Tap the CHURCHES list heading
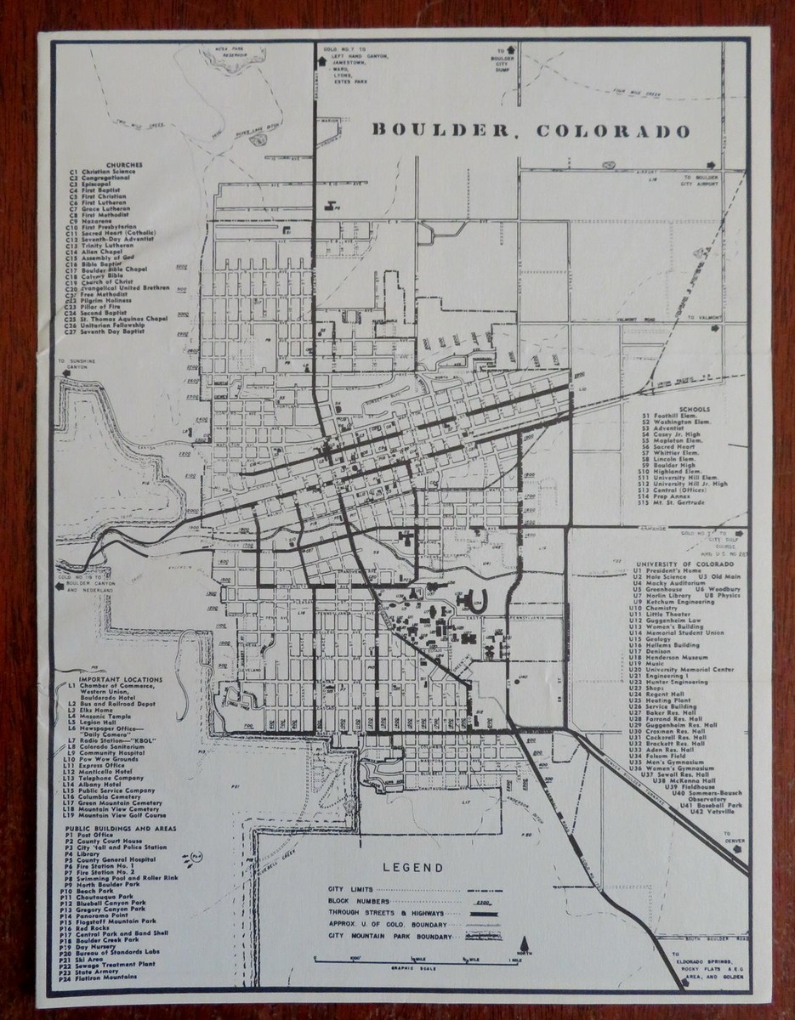pos(124,165)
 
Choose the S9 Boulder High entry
pos(673,466)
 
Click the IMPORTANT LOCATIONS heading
pos(116,681)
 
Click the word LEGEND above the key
pos(412,868)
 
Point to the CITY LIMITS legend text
pos(349,888)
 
